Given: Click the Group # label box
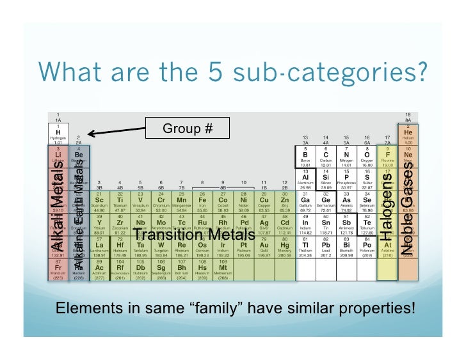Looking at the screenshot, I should click(x=187, y=129).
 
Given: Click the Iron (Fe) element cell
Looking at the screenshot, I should click(x=202, y=201).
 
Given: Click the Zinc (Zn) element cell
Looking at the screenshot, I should click(x=284, y=201).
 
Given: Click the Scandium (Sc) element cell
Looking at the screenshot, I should click(x=99, y=201).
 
